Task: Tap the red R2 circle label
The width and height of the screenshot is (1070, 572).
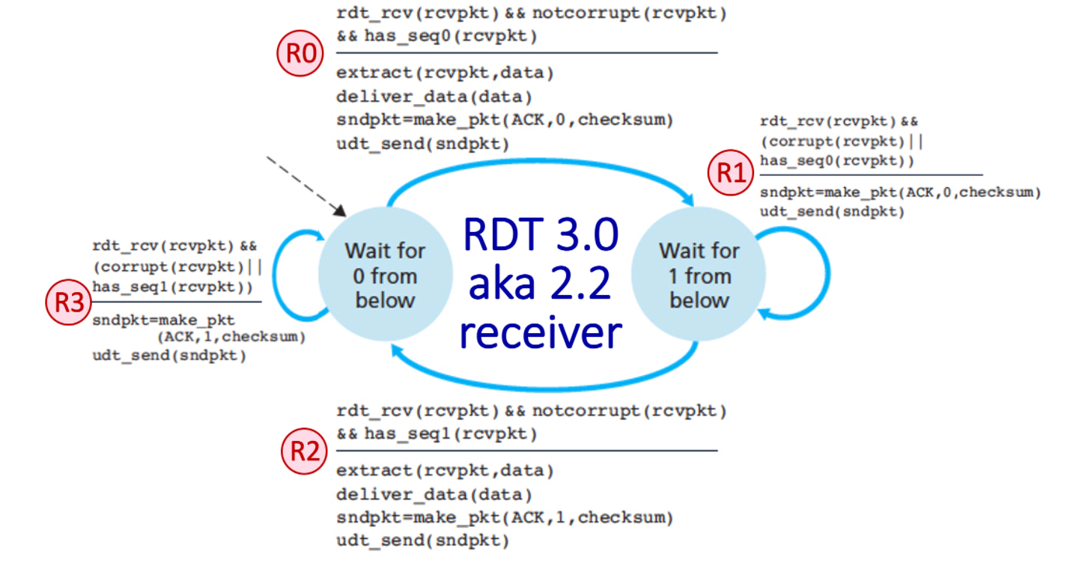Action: point(303,451)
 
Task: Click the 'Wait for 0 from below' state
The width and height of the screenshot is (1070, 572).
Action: point(385,275)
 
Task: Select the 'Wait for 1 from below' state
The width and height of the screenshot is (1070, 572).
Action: point(699,275)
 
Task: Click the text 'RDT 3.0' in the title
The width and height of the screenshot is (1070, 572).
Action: point(541,235)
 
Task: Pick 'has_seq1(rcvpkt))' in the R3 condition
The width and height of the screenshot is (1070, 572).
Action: point(172,286)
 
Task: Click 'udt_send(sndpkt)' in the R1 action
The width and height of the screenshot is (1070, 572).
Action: point(832,211)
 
